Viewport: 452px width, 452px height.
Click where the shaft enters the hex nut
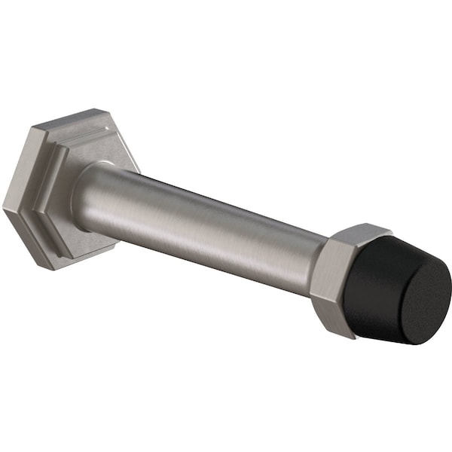pyautogui.click(x=315, y=256)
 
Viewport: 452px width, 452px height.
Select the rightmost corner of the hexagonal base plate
pyautogui.click(x=139, y=167)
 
